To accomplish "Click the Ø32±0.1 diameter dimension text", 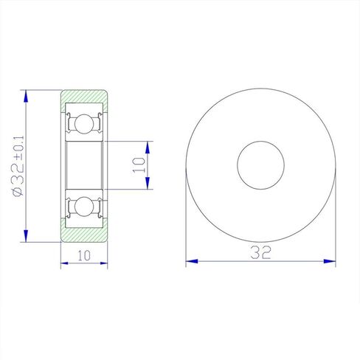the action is pyautogui.click(x=18, y=166).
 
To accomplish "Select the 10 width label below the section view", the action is pyautogui.click(x=84, y=255).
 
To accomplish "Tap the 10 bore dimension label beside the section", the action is pyautogui.click(x=139, y=165).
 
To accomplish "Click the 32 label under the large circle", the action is pyautogui.click(x=260, y=252).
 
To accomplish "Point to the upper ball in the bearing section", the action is pyautogui.click(x=84, y=123).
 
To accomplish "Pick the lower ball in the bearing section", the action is pyautogui.click(x=84, y=207).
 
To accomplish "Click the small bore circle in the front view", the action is pyautogui.click(x=261, y=165).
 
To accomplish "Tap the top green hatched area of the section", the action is pyautogui.click(x=84, y=97).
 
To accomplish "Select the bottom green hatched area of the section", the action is pyautogui.click(x=84, y=235).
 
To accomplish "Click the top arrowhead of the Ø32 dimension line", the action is pyautogui.click(x=26, y=96).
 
